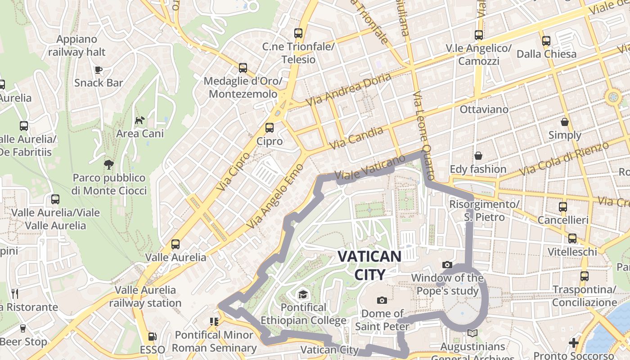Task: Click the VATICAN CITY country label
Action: pos(369,265)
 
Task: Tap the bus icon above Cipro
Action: pos(270,128)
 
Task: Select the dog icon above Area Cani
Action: pos(140,120)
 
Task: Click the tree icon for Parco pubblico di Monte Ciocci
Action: pos(108,164)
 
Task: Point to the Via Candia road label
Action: pos(356,138)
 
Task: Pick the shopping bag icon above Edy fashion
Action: pos(478,156)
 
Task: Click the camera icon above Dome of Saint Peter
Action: pos(382,300)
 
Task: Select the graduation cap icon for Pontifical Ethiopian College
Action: pos(303,294)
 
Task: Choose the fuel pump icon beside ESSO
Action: pos(153,337)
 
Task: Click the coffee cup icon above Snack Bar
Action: pos(99,69)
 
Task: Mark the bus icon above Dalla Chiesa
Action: pos(546,41)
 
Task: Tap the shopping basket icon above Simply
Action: pos(564,122)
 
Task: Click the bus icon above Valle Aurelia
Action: pos(175,244)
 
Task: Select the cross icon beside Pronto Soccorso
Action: pos(573,343)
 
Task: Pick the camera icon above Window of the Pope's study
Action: pos(447,265)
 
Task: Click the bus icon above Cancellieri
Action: pos(562,207)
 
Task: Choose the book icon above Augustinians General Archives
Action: pos(472,333)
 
